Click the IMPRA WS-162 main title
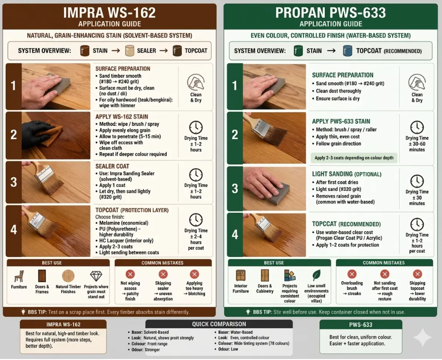(110, 13)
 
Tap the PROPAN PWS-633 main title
(331, 13)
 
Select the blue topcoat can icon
(347, 51)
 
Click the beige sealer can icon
(130, 51)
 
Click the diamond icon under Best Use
(96, 276)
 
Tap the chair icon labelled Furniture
(19, 276)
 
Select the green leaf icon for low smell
(316, 275)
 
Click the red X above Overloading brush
(352, 274)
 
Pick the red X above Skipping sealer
(163, 274)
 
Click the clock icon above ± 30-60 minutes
(417, 127)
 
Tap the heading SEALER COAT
(112, 166)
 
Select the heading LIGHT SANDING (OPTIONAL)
(347, 174)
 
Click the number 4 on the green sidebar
(235, 235)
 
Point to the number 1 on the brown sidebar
(13, 86)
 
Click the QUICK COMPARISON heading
(219, 324)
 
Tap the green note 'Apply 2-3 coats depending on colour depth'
(354, 158)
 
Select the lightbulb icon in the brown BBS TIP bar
(23, 312)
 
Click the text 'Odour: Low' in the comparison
(228, 349)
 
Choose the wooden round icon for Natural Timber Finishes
(68, 277)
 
